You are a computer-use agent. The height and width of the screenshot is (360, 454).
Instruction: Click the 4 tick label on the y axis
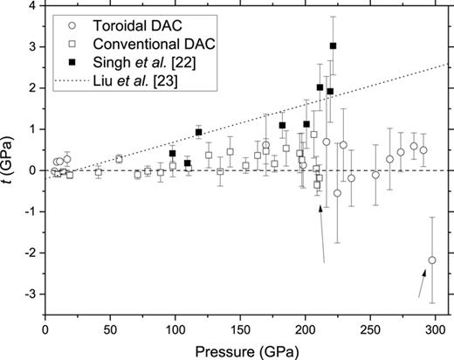32,6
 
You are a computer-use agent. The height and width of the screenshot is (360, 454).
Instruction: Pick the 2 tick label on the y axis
32,88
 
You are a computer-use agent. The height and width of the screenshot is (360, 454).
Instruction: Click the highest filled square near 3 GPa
333,45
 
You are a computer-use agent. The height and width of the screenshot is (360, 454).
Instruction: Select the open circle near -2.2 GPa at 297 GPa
432,260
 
